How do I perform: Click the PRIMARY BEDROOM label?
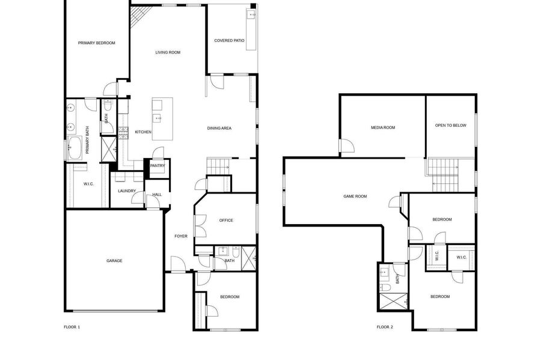(x=97, y=43)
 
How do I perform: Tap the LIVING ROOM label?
(x=168, y=52)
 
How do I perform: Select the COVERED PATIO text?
(x=229, y=40)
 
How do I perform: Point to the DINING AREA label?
(x=219, y=128)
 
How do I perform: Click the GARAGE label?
(x=114, y=261)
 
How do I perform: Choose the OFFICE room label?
(x=226, y=221)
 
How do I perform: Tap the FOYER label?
(x=181, y=236)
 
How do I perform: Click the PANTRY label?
(x=157, y=166)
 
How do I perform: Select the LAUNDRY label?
(x=127, y=191)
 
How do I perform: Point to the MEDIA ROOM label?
(x=383, y=127)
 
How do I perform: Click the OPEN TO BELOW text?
(x=451, y=126)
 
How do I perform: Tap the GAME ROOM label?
(x=355, y=197)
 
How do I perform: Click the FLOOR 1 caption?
(x=72, y=327)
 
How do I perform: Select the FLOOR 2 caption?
(x=385, y=327)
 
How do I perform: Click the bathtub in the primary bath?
(x=75, y=148)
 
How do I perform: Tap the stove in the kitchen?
(x=123, y=133)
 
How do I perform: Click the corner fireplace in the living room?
(x=139, y=16)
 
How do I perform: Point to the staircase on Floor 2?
(x=444, y=175)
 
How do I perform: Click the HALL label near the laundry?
(x=157, y=195)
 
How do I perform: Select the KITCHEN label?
(x=143, y=132)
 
